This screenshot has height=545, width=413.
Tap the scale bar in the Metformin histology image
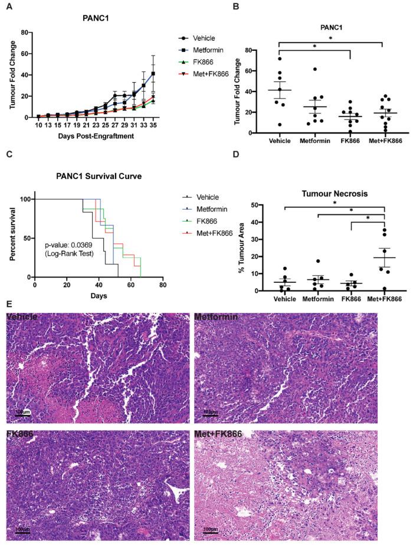click(211, 411)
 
